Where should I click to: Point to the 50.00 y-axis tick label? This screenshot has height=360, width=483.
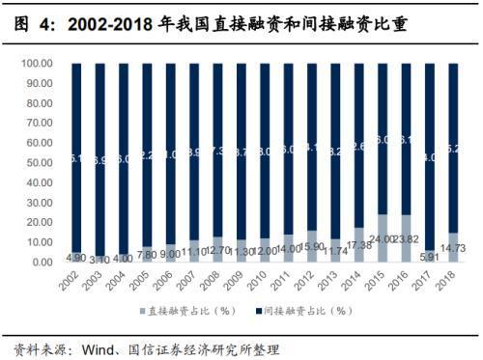click(x=37, y=163)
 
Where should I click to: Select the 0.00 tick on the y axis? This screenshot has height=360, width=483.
click(x=40, y=263)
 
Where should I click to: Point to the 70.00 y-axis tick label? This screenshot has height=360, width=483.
click(x=37, y=124)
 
